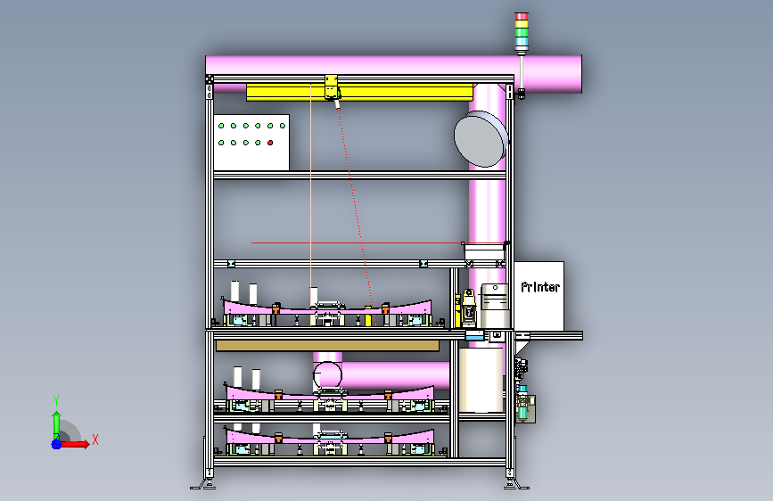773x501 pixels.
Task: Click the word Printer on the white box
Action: [540, 287]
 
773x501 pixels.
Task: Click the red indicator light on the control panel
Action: [270, 143]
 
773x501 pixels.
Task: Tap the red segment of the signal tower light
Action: [522, 16]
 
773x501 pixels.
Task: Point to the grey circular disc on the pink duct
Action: [481, 138]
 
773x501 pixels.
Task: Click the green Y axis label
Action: [56, 401]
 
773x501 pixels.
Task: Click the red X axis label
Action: [95, 439]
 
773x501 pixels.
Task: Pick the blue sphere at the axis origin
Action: [57, 444]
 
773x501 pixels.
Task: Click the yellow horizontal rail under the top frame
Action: [359, 92]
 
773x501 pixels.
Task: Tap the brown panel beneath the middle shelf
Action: [327, 345]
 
